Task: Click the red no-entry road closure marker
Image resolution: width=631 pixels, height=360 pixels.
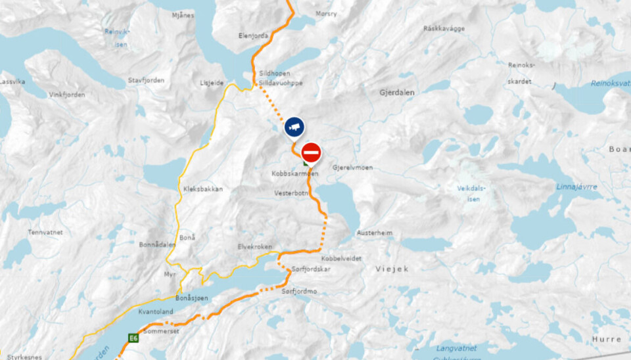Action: [x=311, y=153]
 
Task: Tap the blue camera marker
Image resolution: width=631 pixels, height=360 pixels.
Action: [x=294, y=126]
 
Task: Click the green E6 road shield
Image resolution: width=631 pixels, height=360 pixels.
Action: [x=133, y=338]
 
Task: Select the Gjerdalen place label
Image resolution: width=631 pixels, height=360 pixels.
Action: [x=397, y=93]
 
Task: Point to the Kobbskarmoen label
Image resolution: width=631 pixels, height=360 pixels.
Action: [x=294, y=174]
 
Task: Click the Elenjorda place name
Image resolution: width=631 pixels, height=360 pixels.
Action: [x=254, y=36]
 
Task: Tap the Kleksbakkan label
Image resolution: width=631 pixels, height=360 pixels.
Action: [x=203, y=189]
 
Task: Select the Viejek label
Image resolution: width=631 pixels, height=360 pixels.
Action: [x=392, y=269]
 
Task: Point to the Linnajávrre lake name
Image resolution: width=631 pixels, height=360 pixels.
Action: [x=577, y=187]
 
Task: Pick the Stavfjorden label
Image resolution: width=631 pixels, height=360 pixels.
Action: [x=147, y=80]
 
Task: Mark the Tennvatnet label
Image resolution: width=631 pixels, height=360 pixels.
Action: [x=45, y=232]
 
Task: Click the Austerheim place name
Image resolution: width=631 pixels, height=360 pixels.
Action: [x=375, y=233]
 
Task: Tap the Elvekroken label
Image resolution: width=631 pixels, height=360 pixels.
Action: [x=254, y=246]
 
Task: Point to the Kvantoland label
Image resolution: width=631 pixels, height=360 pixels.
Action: [x=156, y=312]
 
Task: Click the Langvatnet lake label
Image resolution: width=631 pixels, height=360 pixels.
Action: [x=456, y=348]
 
